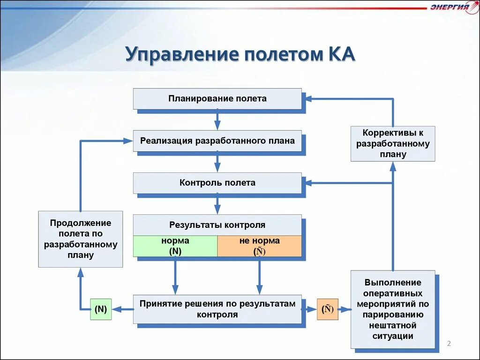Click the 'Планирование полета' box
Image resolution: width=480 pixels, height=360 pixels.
click(217, 99)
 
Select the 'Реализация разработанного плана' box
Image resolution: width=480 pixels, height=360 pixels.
click(217, 141)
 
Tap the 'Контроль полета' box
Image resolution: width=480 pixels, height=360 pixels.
click(217, 183)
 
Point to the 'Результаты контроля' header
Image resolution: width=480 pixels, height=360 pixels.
click(217, 225)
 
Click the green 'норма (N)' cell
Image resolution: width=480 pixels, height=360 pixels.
click(175, 246)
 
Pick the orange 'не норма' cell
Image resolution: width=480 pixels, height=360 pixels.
click(259, 246)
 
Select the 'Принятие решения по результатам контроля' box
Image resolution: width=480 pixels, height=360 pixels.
click(217, 309)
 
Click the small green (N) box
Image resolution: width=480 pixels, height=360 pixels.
click(101, 309)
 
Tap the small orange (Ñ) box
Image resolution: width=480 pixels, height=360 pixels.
click(327, 309)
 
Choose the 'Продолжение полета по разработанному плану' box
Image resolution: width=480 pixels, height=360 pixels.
click(80, 239)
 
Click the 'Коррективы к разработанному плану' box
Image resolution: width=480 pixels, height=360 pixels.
click(393, 143)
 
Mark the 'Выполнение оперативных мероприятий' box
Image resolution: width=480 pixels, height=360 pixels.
click(393, 309)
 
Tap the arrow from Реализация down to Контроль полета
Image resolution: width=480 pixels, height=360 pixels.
click(217, 162)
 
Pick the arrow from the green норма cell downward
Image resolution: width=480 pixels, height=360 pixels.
click(175, 277)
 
